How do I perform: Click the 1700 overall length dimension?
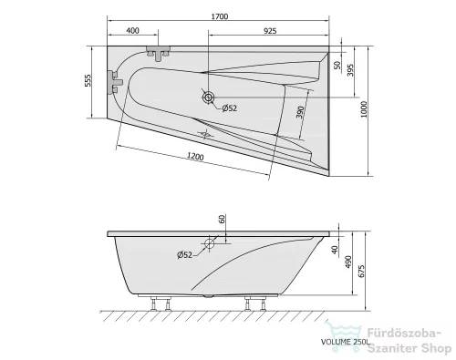220,16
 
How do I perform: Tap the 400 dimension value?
132,30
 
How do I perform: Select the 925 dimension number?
270,31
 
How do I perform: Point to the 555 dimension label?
88,80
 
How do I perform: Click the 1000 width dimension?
364,109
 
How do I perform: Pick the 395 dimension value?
350,70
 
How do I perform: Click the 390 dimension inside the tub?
300,112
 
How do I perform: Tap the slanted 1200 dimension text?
195,156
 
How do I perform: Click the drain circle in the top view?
208,98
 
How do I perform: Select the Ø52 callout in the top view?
229,108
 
